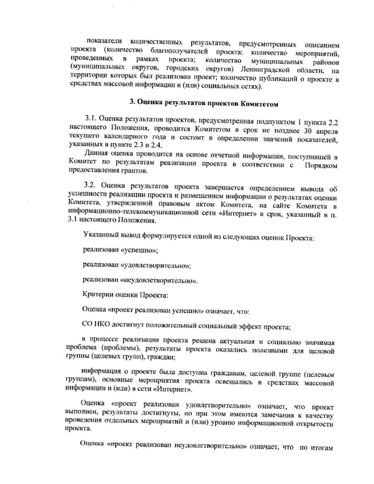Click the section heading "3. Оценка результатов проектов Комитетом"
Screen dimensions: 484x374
[204, 103]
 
